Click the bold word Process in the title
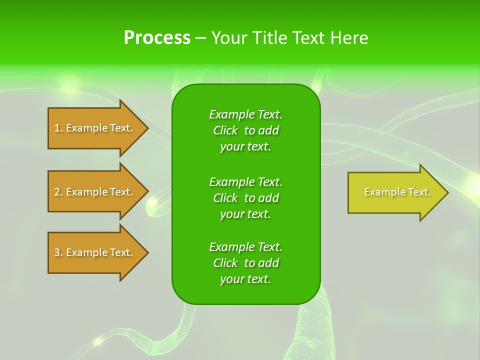[x=157, y=38]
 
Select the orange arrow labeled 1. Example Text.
[x=95, y=128]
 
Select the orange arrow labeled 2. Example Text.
[x=95, y=192]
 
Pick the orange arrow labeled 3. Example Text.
[x=95, y=252]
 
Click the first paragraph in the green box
[x=245, y=130]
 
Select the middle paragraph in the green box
[x=245, y=198]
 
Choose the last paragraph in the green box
[x=245, y=263]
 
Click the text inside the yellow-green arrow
[x=397, y=192]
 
